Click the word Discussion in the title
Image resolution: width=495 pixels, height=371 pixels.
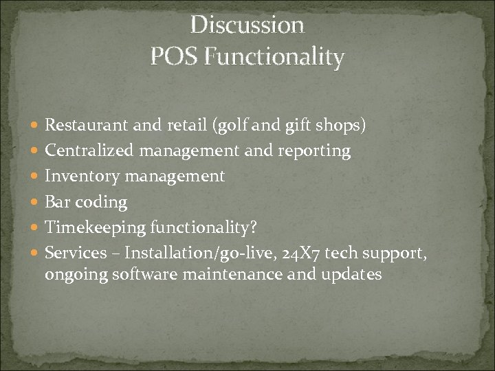click(x=247, y=25)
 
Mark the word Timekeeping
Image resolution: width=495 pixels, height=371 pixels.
click(x=93, y=227)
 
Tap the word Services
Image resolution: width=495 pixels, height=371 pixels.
click(x=76, y=253)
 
